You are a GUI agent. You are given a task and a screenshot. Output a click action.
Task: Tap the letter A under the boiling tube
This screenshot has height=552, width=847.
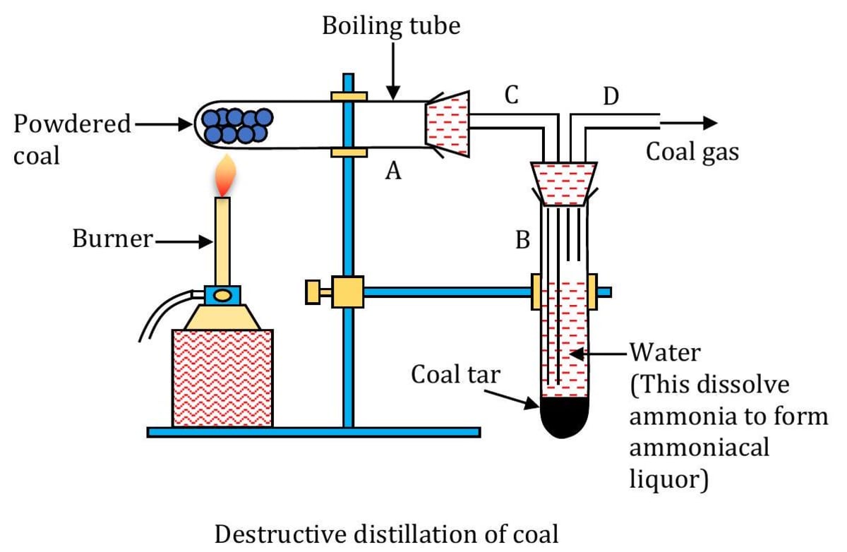393,170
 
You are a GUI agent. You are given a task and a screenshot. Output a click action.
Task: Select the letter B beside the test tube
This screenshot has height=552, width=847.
523,241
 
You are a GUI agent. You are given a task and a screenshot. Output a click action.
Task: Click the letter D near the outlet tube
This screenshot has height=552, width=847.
611,96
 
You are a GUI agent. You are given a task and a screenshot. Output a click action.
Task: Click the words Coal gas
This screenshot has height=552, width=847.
692,150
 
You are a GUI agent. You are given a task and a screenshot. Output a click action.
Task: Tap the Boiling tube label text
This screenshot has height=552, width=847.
391,26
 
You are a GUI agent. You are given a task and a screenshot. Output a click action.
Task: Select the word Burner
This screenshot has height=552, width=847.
112,239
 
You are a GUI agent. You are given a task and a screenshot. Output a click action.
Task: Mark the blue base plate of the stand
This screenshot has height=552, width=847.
313,431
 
